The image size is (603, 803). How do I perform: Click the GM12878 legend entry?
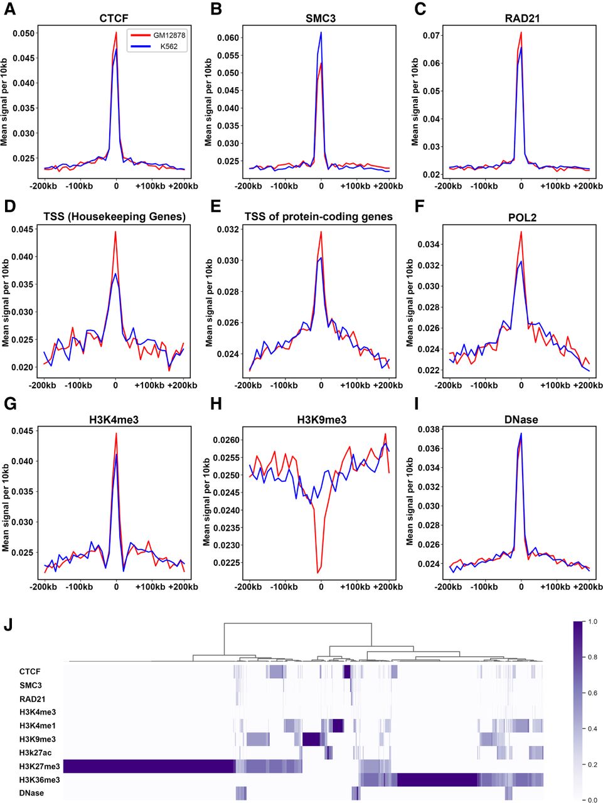[169, 35]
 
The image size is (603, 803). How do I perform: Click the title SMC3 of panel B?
[321, 18]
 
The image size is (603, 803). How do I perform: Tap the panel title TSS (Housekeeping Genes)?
[115, 217]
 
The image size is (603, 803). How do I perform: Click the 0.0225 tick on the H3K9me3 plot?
[223, 563]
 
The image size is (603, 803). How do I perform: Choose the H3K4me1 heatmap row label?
[38, 726]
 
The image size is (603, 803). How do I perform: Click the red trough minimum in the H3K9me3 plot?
[318, 572]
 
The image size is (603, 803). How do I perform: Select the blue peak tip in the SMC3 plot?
[321, 33]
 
